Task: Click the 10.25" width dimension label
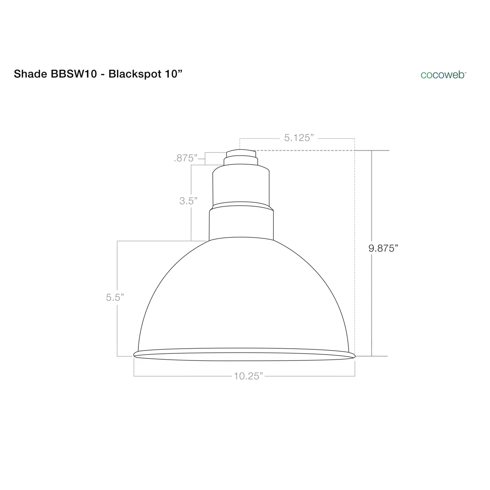click(x=248, y=376)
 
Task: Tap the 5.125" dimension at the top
click(x=299, y=138)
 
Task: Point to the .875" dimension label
click(x=186, y=158)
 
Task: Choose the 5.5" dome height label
click(x=115, y=298)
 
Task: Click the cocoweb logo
click(x=443, y=75)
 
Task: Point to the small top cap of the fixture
click(x=240, y=154)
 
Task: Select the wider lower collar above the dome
click(x=241, y=224)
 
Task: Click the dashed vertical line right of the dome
click(x=355, y=251)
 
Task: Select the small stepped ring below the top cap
click(x=240, y=161)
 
